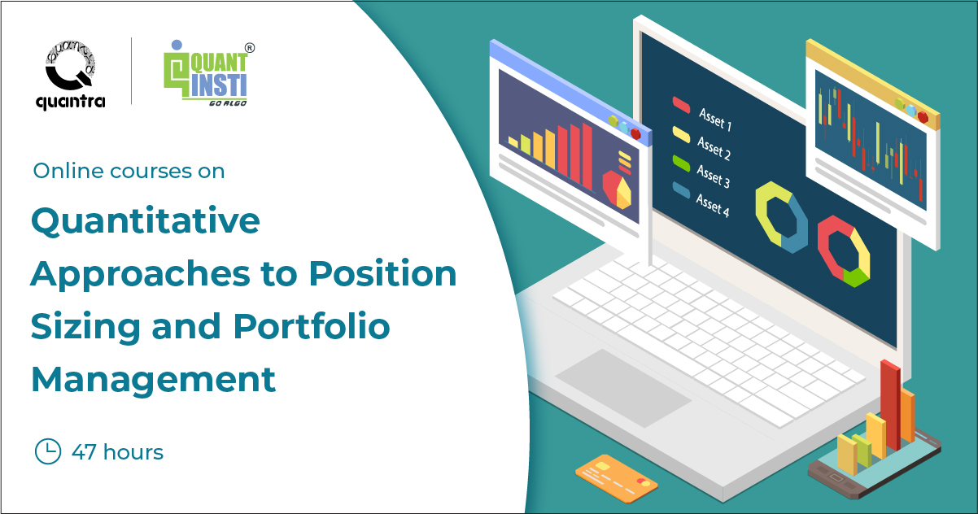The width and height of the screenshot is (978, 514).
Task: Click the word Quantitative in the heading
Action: tap(145, 221)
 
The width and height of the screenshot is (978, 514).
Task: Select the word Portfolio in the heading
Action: tap(312, 326)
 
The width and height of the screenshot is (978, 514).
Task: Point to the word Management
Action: tap(153, 379)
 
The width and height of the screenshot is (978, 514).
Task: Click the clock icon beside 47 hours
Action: tap(48, 451)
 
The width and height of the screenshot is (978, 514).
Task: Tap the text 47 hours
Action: tap(117, 452)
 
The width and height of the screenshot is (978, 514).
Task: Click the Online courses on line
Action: tap(129, 172)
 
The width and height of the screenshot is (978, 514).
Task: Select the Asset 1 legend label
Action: tap(714, 121)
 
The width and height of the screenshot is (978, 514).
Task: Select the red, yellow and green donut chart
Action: tap(844, 250)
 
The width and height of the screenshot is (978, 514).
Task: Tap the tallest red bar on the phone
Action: tap(890, 403)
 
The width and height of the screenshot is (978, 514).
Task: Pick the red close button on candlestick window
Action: tap(923, 117)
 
